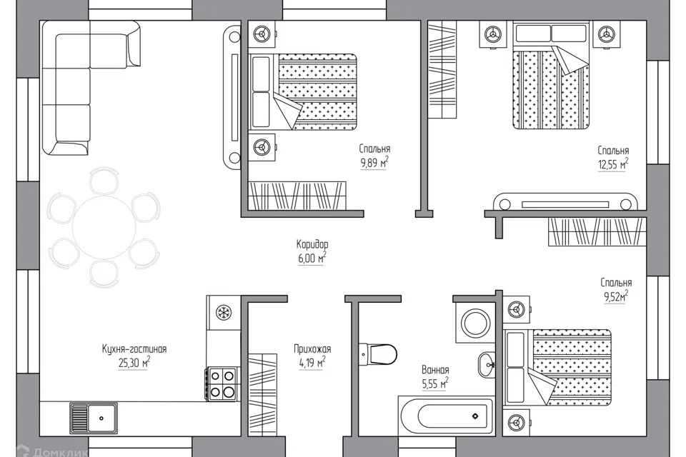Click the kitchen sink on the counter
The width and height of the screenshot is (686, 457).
pos(94,418)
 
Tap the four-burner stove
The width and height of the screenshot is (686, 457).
pos(222,383)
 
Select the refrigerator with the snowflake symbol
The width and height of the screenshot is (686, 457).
pos(224,313)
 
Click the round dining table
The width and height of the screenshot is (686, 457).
pos(104,228)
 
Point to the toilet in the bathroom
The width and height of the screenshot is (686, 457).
pos(378,353)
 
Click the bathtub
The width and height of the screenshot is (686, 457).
pos(446,416)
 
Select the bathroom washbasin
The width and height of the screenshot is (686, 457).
pos(487,365)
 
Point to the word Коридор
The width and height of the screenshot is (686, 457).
pos(312,243)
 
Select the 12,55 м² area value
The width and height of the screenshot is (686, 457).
pos(613,164)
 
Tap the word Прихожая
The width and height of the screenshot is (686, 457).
pos(312,349)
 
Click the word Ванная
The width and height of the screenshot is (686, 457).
pos(435,370)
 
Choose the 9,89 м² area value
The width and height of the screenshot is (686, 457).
pos(374,163)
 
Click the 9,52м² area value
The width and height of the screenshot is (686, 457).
pos(616,296)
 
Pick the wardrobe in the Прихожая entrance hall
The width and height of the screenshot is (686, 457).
pos(263,394)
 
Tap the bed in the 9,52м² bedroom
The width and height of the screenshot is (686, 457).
pos(557,367)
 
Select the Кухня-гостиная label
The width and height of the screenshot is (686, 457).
pos(134,349)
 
